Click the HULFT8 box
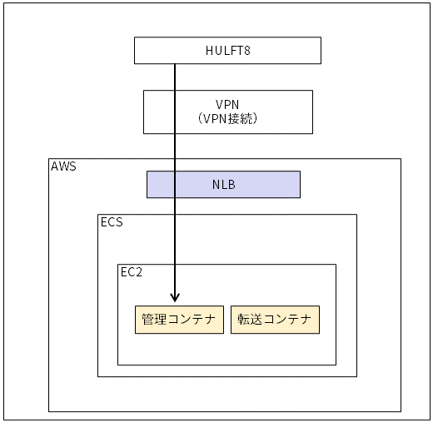[227, 51]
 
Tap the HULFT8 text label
[228, 51]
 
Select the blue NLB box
[223, 185]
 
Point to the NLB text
[224, 185]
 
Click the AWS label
[63, 166]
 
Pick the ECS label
[112, 222]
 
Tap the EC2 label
[132, 272]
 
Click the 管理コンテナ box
[179, 320]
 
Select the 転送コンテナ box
[275, 320]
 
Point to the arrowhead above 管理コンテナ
[175, 298]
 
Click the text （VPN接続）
[228, 119]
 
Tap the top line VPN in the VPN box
[227, 105]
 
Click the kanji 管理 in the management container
[154, 319]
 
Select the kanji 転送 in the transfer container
[250, 319]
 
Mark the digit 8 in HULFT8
[247, 51]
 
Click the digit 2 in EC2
[139, 272]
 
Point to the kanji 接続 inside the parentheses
[241, 119]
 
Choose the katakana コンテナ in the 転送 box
[287, 319]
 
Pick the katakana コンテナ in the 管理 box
[192, 319]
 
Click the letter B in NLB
[231, 185]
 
